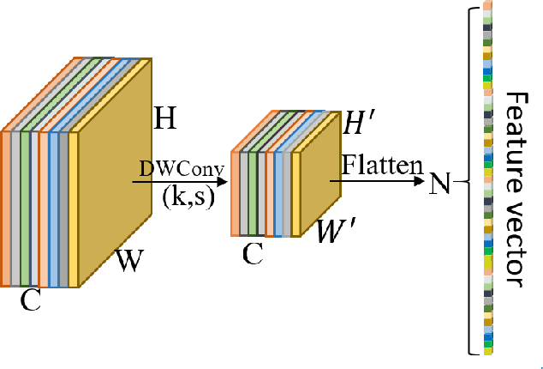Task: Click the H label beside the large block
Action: [x=165, y=118]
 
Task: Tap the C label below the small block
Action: [x=253, y=254]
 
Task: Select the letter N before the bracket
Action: [x=439, y=184]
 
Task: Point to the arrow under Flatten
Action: [x=377, y=181]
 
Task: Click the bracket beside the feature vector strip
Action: [x=470, y=182]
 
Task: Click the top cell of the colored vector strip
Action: [x=487, y=6]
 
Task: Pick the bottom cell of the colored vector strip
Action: [x=487, y=350]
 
